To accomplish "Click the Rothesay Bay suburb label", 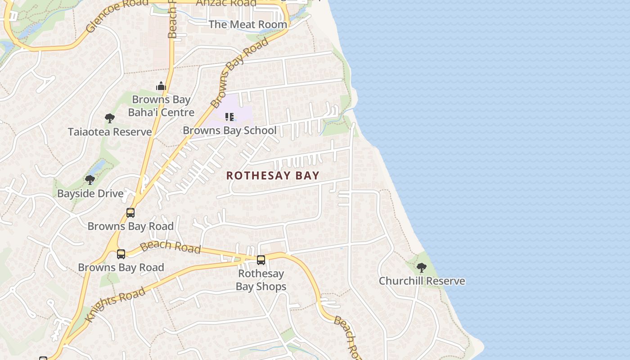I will point(273,175).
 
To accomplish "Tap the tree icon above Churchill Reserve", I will point(421,268).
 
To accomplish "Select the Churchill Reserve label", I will point(422,281).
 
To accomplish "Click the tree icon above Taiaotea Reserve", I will point(109,119).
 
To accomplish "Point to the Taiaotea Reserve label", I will point(110,132).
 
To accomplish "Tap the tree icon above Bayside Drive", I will point(90,180).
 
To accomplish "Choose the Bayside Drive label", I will point(90,193).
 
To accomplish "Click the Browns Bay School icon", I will point(229,117).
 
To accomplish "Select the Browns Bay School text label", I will point(229,130).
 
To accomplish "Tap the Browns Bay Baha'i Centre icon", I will point(161,86).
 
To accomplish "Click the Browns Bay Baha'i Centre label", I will point(161,106).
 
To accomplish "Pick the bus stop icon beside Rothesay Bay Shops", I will point(261,260).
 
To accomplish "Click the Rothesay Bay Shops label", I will point(261,280).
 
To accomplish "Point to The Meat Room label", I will point(247,24).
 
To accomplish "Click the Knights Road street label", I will point(116,304).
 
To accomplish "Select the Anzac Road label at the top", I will point(226,3).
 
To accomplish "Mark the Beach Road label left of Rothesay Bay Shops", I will point(170,247).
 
